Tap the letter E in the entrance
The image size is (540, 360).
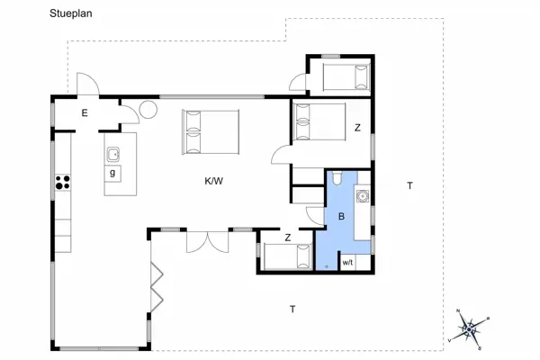pos(84,112)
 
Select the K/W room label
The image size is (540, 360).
pos(213,181)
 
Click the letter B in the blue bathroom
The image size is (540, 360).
pos(341,216)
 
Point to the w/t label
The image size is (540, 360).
pos(346,263)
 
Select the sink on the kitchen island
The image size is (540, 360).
pos(114,153)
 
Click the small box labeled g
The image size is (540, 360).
pos(112,173)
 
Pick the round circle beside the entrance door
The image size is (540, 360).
pos(148,110)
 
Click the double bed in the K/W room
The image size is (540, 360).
pos(211,132)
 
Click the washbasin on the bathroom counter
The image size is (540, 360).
pos(362,195)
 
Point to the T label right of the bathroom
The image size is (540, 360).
pos(409,186)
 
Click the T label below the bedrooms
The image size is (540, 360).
pos(292,310)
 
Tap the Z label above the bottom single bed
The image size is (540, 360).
pos(287,238)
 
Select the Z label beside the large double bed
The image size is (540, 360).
pos(356,128)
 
